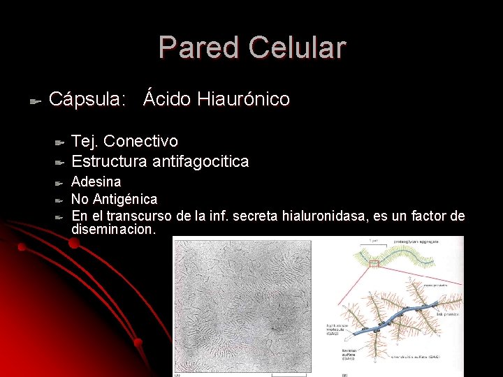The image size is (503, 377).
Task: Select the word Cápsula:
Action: click(x=87, y=100)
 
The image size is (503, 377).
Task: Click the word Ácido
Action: click(x=167, y=100)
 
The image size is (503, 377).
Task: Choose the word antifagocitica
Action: click(x=201, y=161)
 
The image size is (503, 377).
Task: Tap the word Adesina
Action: click(x=96, y=182)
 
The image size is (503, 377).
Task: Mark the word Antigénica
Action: click(x=125, y=200)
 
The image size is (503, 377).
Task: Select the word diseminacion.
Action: click(x=113, y=229)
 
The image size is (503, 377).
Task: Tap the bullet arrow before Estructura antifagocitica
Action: click(x=59, y=163)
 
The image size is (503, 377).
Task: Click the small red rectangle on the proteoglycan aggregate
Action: click(x=374, y=263)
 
